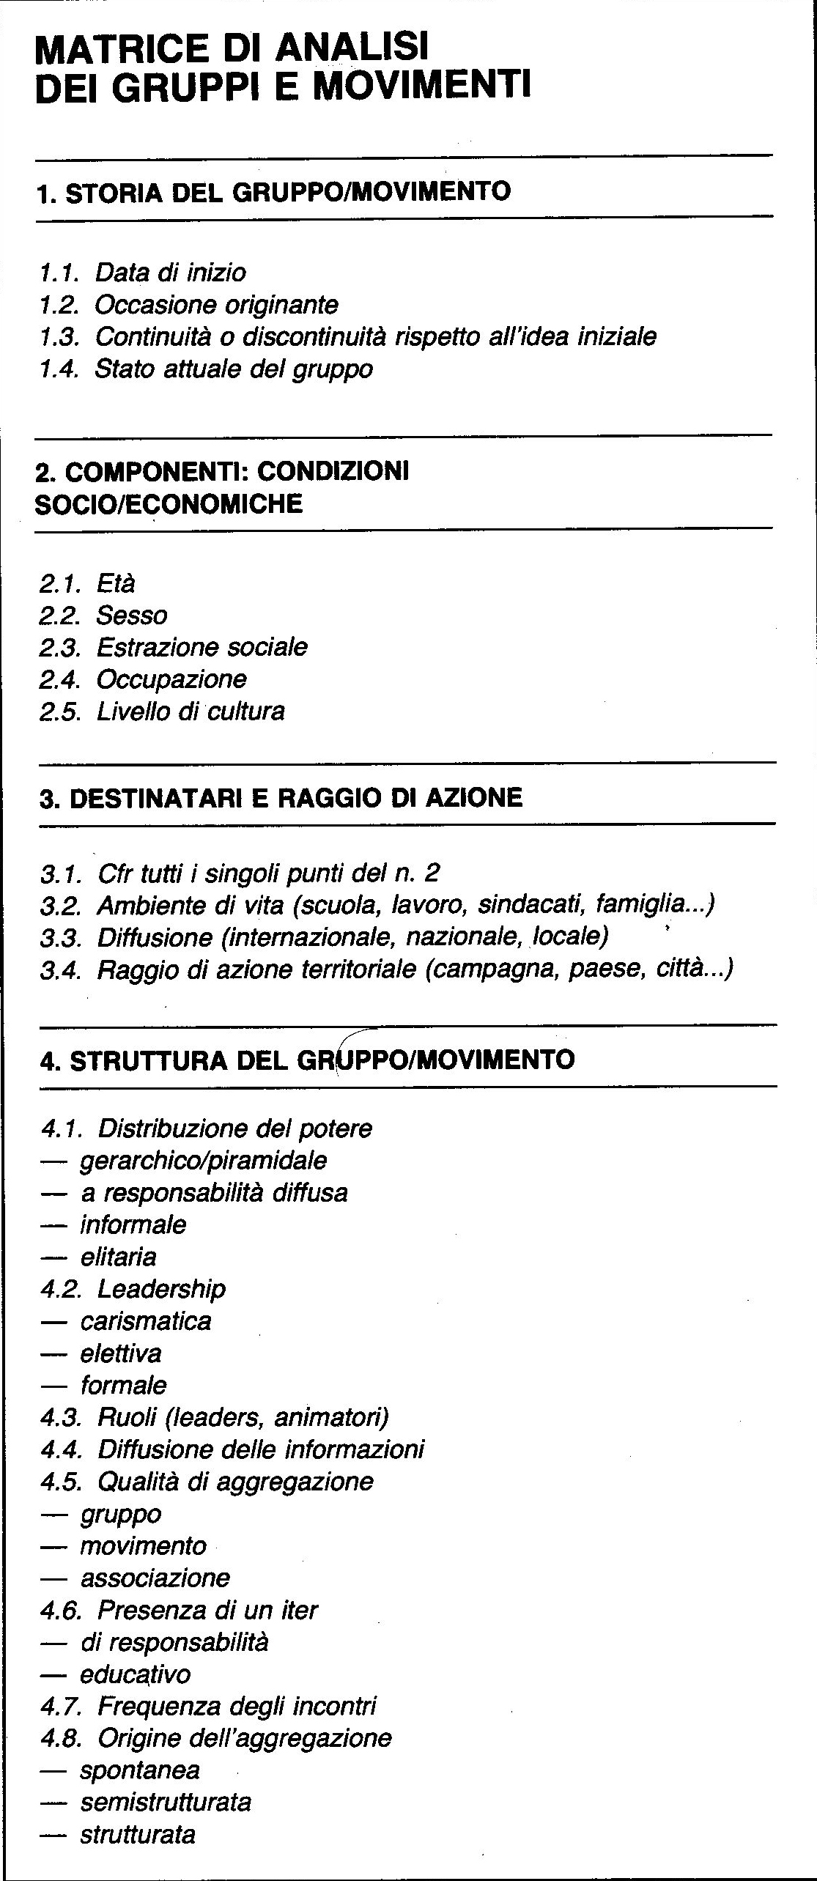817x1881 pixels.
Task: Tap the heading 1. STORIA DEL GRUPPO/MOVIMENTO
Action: point(273,193)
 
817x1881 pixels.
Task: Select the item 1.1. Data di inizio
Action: point(143,273)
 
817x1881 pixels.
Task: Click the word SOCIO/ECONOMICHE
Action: point(169,504)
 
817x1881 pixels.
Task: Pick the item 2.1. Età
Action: point(88,583)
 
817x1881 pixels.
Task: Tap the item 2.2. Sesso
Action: point(103,615)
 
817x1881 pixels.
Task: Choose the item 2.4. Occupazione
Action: point(143,679)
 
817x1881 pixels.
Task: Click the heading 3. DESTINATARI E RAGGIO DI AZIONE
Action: point(281,797)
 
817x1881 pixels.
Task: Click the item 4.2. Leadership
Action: point(133,1288)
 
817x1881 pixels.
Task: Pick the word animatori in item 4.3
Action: point(330,1417)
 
